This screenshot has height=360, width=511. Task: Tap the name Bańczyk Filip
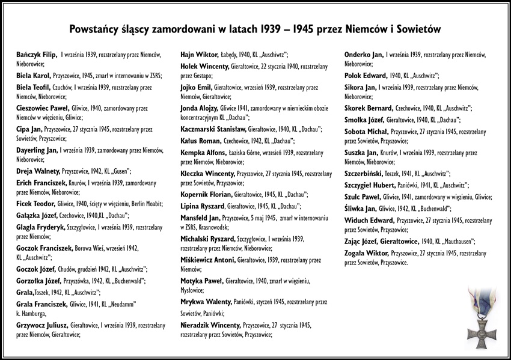click(37, 54)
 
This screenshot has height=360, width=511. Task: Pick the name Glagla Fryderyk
click(42, 228)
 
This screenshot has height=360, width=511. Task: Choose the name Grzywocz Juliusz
click(42, 325)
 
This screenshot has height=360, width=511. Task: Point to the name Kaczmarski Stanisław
click(213, 129)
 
